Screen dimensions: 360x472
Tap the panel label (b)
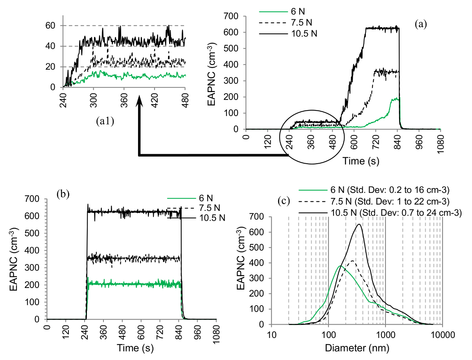(x=63, y=194)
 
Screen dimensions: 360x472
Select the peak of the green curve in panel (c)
(x=339, y=266)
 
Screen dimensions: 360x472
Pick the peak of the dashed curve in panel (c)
(x=352, y=261)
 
